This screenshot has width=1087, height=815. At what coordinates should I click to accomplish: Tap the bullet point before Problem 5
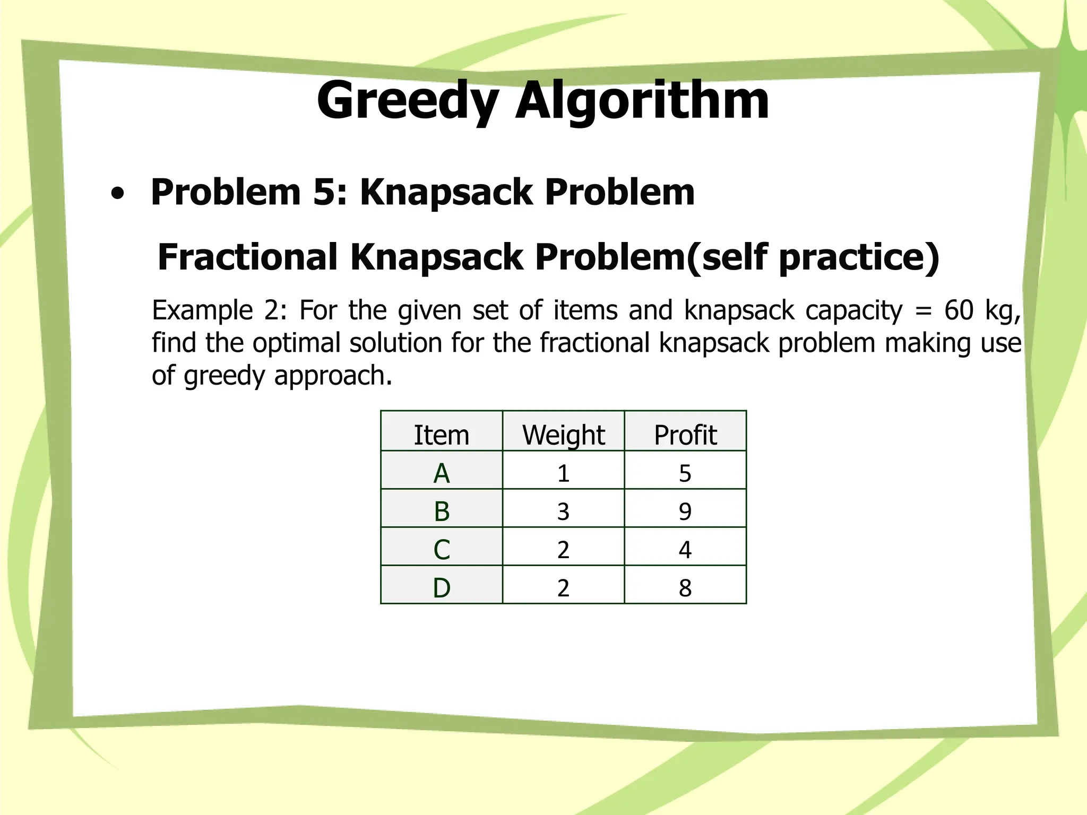(117, 194)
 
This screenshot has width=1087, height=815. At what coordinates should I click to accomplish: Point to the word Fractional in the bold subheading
(247, 257)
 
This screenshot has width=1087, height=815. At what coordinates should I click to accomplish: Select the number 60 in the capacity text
(959, 310)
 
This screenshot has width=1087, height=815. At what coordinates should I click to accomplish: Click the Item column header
(441, 435)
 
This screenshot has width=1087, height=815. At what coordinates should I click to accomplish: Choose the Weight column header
(563, 435)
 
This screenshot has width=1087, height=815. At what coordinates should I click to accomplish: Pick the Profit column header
(685, 435)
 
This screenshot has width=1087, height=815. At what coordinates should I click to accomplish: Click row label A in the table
(441, 473)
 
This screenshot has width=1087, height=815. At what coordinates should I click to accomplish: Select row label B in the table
(441, 511)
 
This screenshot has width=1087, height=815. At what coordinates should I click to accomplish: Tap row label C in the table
(441, 549)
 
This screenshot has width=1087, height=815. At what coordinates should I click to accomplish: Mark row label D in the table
(441, 587)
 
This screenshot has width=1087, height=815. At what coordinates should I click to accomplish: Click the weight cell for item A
(563, 473)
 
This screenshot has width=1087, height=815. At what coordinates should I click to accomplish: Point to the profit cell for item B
(685, 511)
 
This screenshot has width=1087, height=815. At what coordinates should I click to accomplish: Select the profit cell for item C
(685, 549)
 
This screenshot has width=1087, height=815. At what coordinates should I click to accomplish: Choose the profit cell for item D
(685, 587)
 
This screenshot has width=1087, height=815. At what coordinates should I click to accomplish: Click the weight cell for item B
(563, 511)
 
